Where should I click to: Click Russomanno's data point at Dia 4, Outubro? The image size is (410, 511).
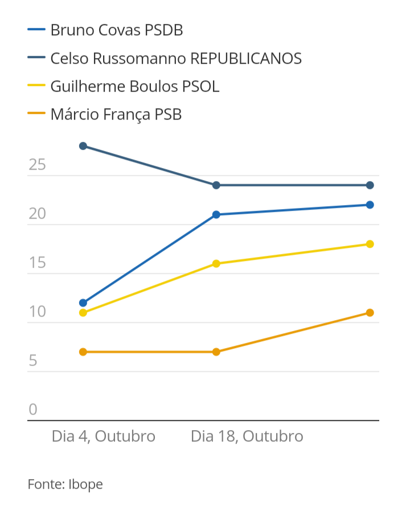pos(83,146)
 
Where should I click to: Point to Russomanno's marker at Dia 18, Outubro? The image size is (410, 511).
pos(216,185)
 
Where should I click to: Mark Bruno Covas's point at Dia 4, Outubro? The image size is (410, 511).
pos(83,302)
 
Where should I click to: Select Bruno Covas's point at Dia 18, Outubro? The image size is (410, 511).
pos(216,215)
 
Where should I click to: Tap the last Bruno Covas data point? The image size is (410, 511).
pos(370,205)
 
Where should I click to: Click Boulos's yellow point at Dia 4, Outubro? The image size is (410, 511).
pos(83,313)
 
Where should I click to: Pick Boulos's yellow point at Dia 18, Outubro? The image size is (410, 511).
pos(216,264)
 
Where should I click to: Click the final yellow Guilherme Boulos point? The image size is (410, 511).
pos(370,244)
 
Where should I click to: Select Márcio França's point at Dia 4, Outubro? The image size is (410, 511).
pos(83,352)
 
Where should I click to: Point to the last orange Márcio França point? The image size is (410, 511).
pos(370,313)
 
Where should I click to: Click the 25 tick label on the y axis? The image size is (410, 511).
pos(37,166)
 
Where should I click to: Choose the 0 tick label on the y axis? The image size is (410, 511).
pos(33,410)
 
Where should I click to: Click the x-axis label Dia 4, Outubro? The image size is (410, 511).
pos(104,436)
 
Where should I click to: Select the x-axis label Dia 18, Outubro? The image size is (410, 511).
pos(247,436)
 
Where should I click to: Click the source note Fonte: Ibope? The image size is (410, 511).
pos(65,485)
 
